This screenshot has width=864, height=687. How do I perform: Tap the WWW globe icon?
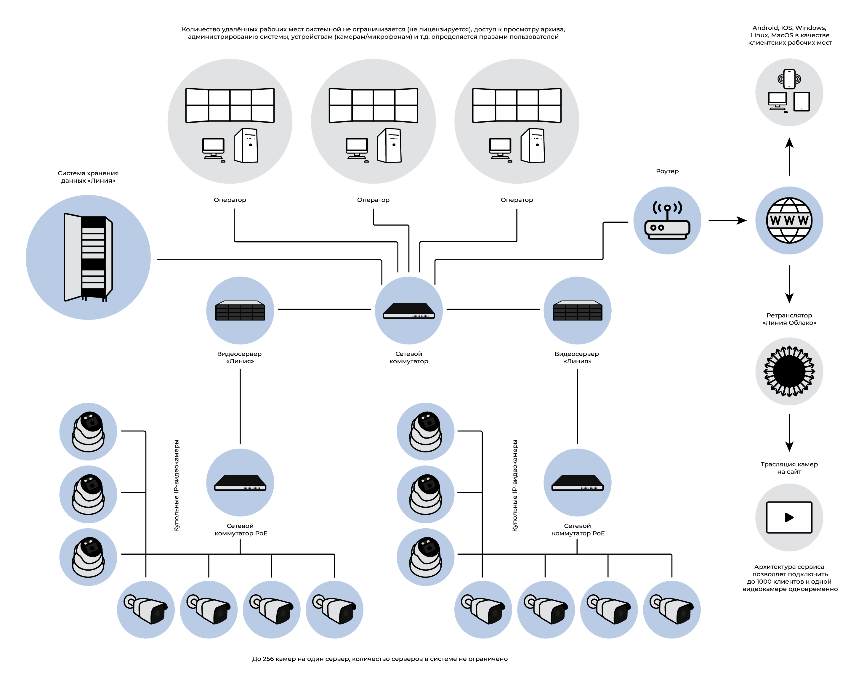(x=789, y=220)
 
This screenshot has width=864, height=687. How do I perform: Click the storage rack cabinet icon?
(x=88, y=257)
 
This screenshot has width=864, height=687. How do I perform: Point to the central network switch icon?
(x=408, y=310)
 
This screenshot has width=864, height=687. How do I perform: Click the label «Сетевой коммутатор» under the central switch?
(x=408, y=357)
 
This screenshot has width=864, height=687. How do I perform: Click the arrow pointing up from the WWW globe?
(x=789, y=156)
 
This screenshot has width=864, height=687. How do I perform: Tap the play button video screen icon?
(x=789, y=517)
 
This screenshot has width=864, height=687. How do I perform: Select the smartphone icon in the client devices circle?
(x=789, y=79)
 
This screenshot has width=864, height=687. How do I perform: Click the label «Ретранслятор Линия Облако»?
(x=789, y=319)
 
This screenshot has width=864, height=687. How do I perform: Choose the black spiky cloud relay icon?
(x=789, y=371)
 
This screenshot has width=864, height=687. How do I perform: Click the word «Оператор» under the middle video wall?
(x=373, y=200)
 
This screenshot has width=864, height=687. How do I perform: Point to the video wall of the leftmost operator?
(x=230, y=105)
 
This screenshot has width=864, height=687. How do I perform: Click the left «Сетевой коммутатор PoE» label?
(x=241, y=529)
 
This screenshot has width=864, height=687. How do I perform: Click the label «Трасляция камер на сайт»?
(x=789, y=468)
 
